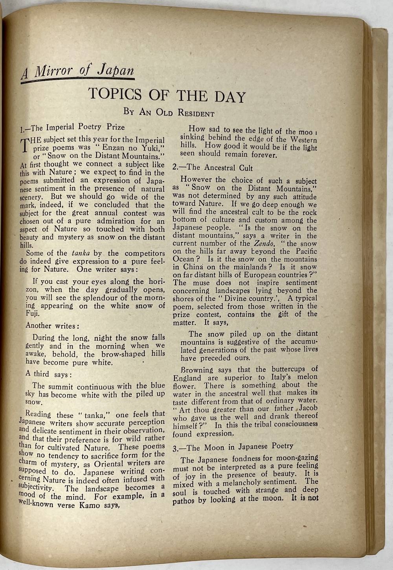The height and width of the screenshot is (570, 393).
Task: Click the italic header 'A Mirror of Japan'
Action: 78,72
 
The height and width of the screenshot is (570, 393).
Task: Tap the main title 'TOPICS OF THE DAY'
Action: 167,95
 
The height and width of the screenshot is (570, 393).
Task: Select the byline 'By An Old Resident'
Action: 169,113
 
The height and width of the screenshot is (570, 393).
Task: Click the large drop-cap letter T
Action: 25,145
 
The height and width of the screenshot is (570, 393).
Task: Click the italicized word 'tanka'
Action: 79,253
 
